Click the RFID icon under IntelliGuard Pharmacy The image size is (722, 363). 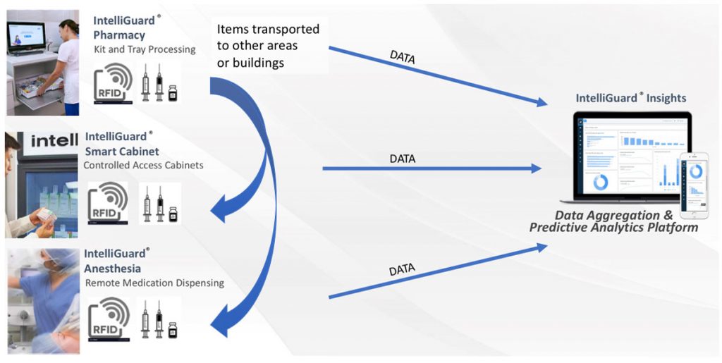[x=113, y=82]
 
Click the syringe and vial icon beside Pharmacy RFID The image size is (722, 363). [x=159, y=82]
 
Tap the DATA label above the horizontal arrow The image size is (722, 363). [x=403, y=159]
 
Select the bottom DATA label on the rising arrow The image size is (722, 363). [x=402, y=269]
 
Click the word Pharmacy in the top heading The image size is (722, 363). [x=119, y=35]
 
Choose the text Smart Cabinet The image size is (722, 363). [x=122, y=151]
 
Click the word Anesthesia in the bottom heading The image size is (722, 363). [x=113, y=268]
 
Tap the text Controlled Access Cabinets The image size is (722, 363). [x=143, y=166]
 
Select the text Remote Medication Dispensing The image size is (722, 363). [x=154, y=283]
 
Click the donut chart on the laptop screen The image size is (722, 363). [x=600, y=181]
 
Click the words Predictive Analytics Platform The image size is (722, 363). [x=613, y=227]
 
